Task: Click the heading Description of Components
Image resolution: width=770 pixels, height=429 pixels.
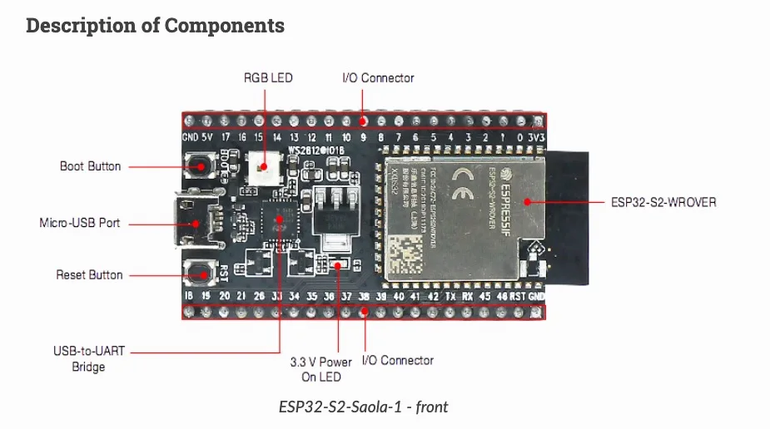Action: (x=155, y=26)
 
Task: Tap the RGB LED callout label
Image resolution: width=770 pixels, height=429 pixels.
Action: (x=267, y=78)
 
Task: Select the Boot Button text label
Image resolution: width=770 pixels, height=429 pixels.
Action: (x=90, y=166)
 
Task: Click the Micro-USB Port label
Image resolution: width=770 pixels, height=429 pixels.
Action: (x=80, y=223)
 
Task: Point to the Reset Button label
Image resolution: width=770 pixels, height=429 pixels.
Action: (x=89, y=274)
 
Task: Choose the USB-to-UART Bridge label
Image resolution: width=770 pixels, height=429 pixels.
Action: (x=88, y=358)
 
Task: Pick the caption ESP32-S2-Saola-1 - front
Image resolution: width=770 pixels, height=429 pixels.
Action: (x=363, y=407)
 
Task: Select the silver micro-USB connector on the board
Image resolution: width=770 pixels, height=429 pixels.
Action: (x=193, y=222)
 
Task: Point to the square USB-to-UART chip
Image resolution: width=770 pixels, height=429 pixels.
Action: (x=279, y=221)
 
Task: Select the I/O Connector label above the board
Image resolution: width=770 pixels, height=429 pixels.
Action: (x=378, y=78)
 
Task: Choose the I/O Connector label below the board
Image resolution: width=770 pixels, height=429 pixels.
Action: (x=397, y=360)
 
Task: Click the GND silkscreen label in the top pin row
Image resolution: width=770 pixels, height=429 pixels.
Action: (x=190, y=137)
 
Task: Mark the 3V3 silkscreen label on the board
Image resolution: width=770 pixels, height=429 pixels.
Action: (x=537, y=137)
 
